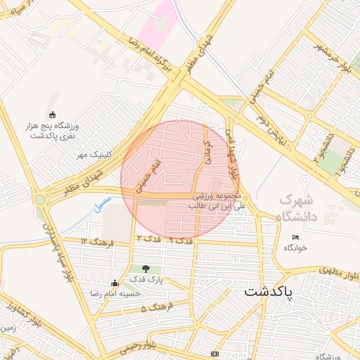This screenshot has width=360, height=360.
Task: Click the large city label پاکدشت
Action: pyautogui.click(x=270, y=290)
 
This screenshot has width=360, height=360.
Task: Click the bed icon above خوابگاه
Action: pyautogui.click(x=296, y=237)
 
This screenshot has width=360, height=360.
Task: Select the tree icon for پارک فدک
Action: pyautogui.click(x=146, y=268)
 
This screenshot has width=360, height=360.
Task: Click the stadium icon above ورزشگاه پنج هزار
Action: pyautogui.click(x=51, y=115)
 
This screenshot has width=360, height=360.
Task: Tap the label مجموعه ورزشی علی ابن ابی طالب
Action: pyautogui.click(x=219, y=201)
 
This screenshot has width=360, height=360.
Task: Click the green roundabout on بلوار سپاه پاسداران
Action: pyautogui.click(x=40, y=200)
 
